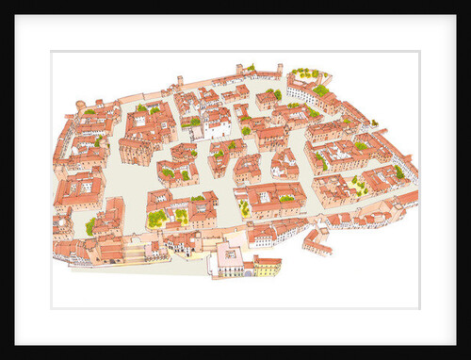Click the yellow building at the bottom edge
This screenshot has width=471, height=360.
(x=268, y=266)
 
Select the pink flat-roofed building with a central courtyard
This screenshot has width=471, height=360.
(x=229, y=255)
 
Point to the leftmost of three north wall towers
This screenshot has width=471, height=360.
(x=180, y=81)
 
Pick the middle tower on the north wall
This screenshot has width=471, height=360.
(x=238, y=69)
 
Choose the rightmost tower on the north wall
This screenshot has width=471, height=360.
(x=279, y=69)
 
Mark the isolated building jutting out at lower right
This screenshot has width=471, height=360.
(x=317, y=242)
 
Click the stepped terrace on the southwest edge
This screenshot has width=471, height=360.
(x=133, y=253)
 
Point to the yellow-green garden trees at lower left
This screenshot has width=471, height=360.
(x=155, y=218)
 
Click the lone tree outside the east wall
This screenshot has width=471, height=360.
(x=374, y=123)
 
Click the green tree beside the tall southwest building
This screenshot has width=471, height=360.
(x=91, y=226)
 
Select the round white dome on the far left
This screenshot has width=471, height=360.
(x=62, y=226)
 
